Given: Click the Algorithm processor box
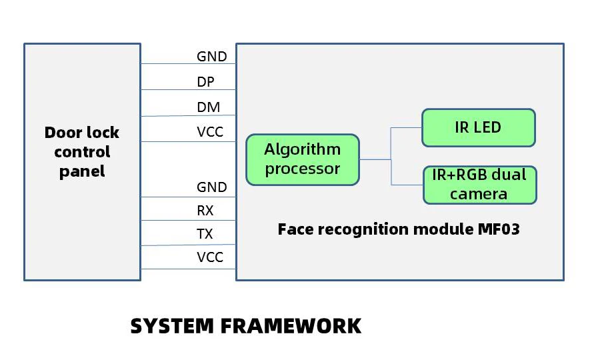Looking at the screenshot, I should click(x=303, y=159).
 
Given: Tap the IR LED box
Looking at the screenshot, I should click(x=478, y=127).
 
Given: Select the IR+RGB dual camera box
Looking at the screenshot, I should click(x=479, y=185).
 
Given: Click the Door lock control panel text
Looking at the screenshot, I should click(x=82, y=152).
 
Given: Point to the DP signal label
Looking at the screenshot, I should click(x=206, y=82).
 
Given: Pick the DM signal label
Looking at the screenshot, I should click(x=208, y=107).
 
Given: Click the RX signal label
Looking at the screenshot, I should click(x=205, y=211).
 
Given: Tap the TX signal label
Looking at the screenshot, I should click(x=205, y=234).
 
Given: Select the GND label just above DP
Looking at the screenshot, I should click(x=211, y=57).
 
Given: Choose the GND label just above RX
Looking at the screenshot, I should click(x=211, y=187).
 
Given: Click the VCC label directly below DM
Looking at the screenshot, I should click(x=210, y=132).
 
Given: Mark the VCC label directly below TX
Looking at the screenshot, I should click(x=210, y=257).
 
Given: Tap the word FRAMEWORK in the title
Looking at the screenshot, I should click(x=291, y=326).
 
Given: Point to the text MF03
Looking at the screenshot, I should click(x=499, y=230).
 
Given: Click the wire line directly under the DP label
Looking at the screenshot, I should click(x=188, y=90).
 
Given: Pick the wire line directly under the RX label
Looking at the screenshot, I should click(x=188, y=221).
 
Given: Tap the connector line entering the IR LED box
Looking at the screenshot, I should click(x=407, y=127).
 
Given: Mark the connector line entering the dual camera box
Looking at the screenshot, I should click(x=407, y=184).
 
